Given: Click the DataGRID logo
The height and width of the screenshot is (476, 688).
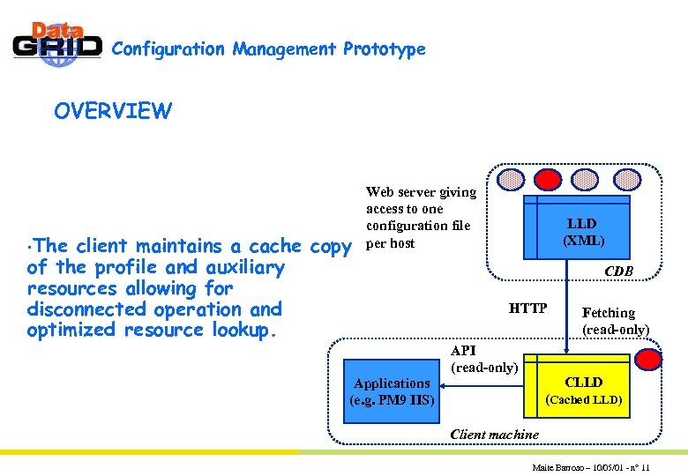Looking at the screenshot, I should click(x=56, y=44).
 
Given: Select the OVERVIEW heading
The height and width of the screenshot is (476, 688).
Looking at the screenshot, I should click(x=113, y=111).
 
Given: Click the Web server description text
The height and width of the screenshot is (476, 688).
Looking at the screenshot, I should click(x=421, y=217).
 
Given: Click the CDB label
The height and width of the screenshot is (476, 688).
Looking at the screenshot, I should click(x=618, y=271).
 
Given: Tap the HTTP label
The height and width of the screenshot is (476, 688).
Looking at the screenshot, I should click(x=528, y=309).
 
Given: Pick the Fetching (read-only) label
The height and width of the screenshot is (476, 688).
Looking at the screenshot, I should click(x=615, y=321).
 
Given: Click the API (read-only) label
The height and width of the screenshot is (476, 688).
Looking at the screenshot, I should click(x=483, y=359).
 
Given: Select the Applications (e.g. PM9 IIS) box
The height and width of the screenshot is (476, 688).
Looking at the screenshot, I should click(x=392, y=390).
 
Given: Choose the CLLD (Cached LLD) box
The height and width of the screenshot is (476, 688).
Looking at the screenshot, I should click(x=583, y=390).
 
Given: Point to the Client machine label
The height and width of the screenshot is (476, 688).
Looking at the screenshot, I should click(x=494, y=434).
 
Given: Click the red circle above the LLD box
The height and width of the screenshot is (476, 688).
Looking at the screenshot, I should click(x=549, y=180).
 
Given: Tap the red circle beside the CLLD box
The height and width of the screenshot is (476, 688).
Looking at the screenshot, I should click(x=650, y=359).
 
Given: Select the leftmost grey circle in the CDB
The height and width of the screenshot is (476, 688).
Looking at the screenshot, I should click(x=511, y=180).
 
